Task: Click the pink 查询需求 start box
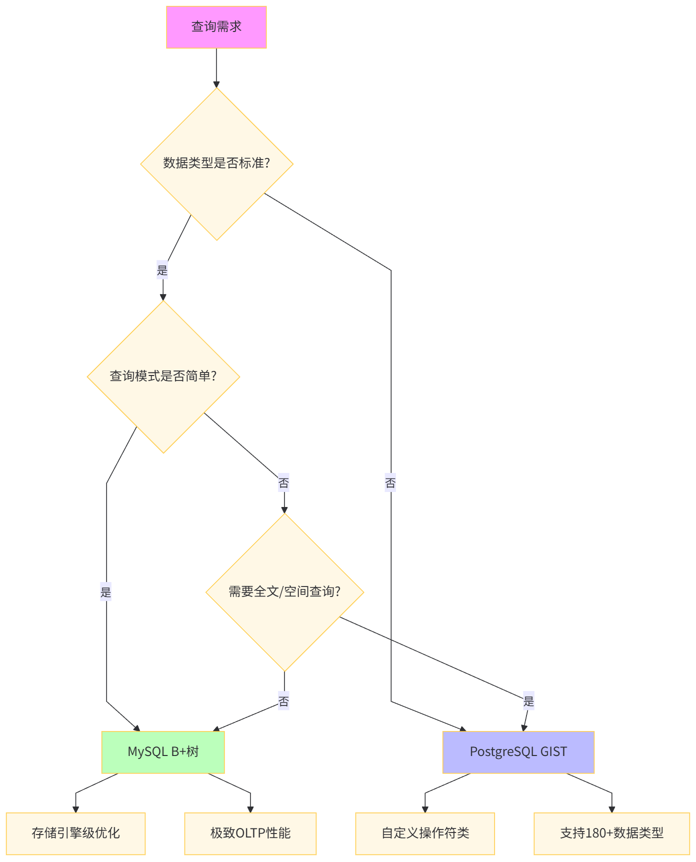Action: [x=216, y=27]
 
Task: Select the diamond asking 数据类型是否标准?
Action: [x=216, y=163]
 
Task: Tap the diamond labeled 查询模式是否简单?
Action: [x=163, y=376]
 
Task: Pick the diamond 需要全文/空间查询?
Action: [x=284, y=592]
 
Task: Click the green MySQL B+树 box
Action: [x=163, y=752]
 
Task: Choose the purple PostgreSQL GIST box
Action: [x=518, y=752]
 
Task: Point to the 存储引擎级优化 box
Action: [x=75, y=833]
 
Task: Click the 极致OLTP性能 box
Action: [x=250, y=833]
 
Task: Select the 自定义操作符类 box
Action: [x=425, y=833]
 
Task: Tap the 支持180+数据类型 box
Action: [x=611, y=833]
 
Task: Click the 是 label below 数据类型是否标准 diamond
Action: [x=162, y=270]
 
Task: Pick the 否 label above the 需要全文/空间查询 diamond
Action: [x=283, y=483]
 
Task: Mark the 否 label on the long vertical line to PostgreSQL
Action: [x=390, y=483]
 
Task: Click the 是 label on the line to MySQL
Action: [x=106, y=592]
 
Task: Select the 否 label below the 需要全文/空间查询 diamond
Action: [x=283, y=701]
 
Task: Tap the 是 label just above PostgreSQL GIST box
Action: [x=528, y=701]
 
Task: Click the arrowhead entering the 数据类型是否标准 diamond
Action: [x=216, y=84]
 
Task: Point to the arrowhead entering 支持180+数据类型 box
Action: [x=611, y=809]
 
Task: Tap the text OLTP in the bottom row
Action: [x=248, y=833]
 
